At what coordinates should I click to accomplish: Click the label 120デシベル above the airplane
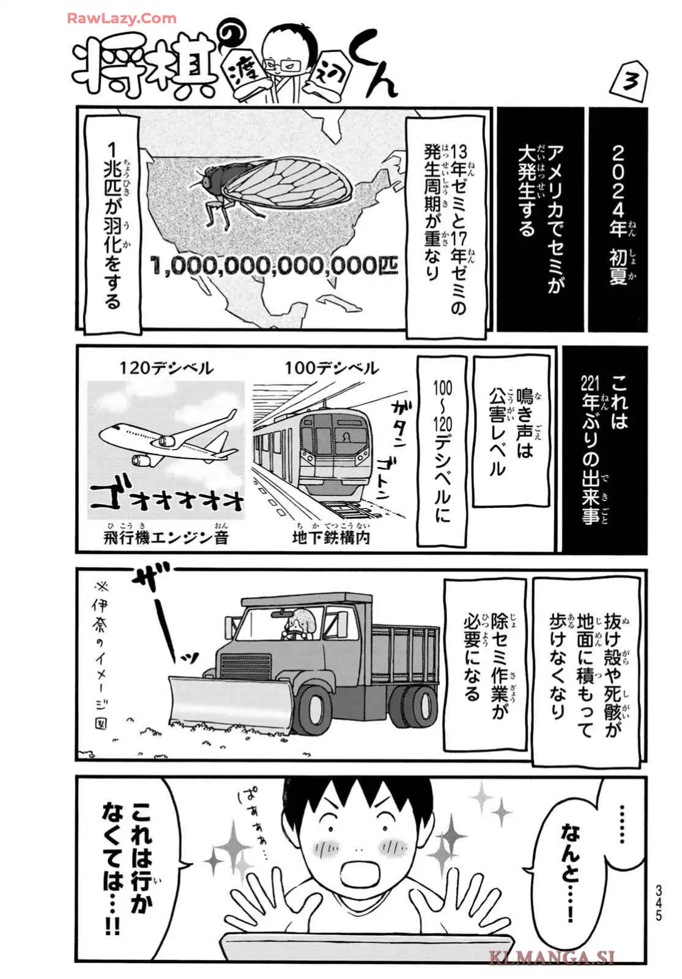pos(166,368)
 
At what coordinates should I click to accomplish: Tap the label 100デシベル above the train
pos(332,368)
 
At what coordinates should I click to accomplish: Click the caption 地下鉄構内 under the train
pos(331,538)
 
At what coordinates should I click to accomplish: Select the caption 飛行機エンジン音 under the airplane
pos(166,538)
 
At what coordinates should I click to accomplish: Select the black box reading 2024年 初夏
pos(618,218)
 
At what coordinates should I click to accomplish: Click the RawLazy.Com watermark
pos(122,19)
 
